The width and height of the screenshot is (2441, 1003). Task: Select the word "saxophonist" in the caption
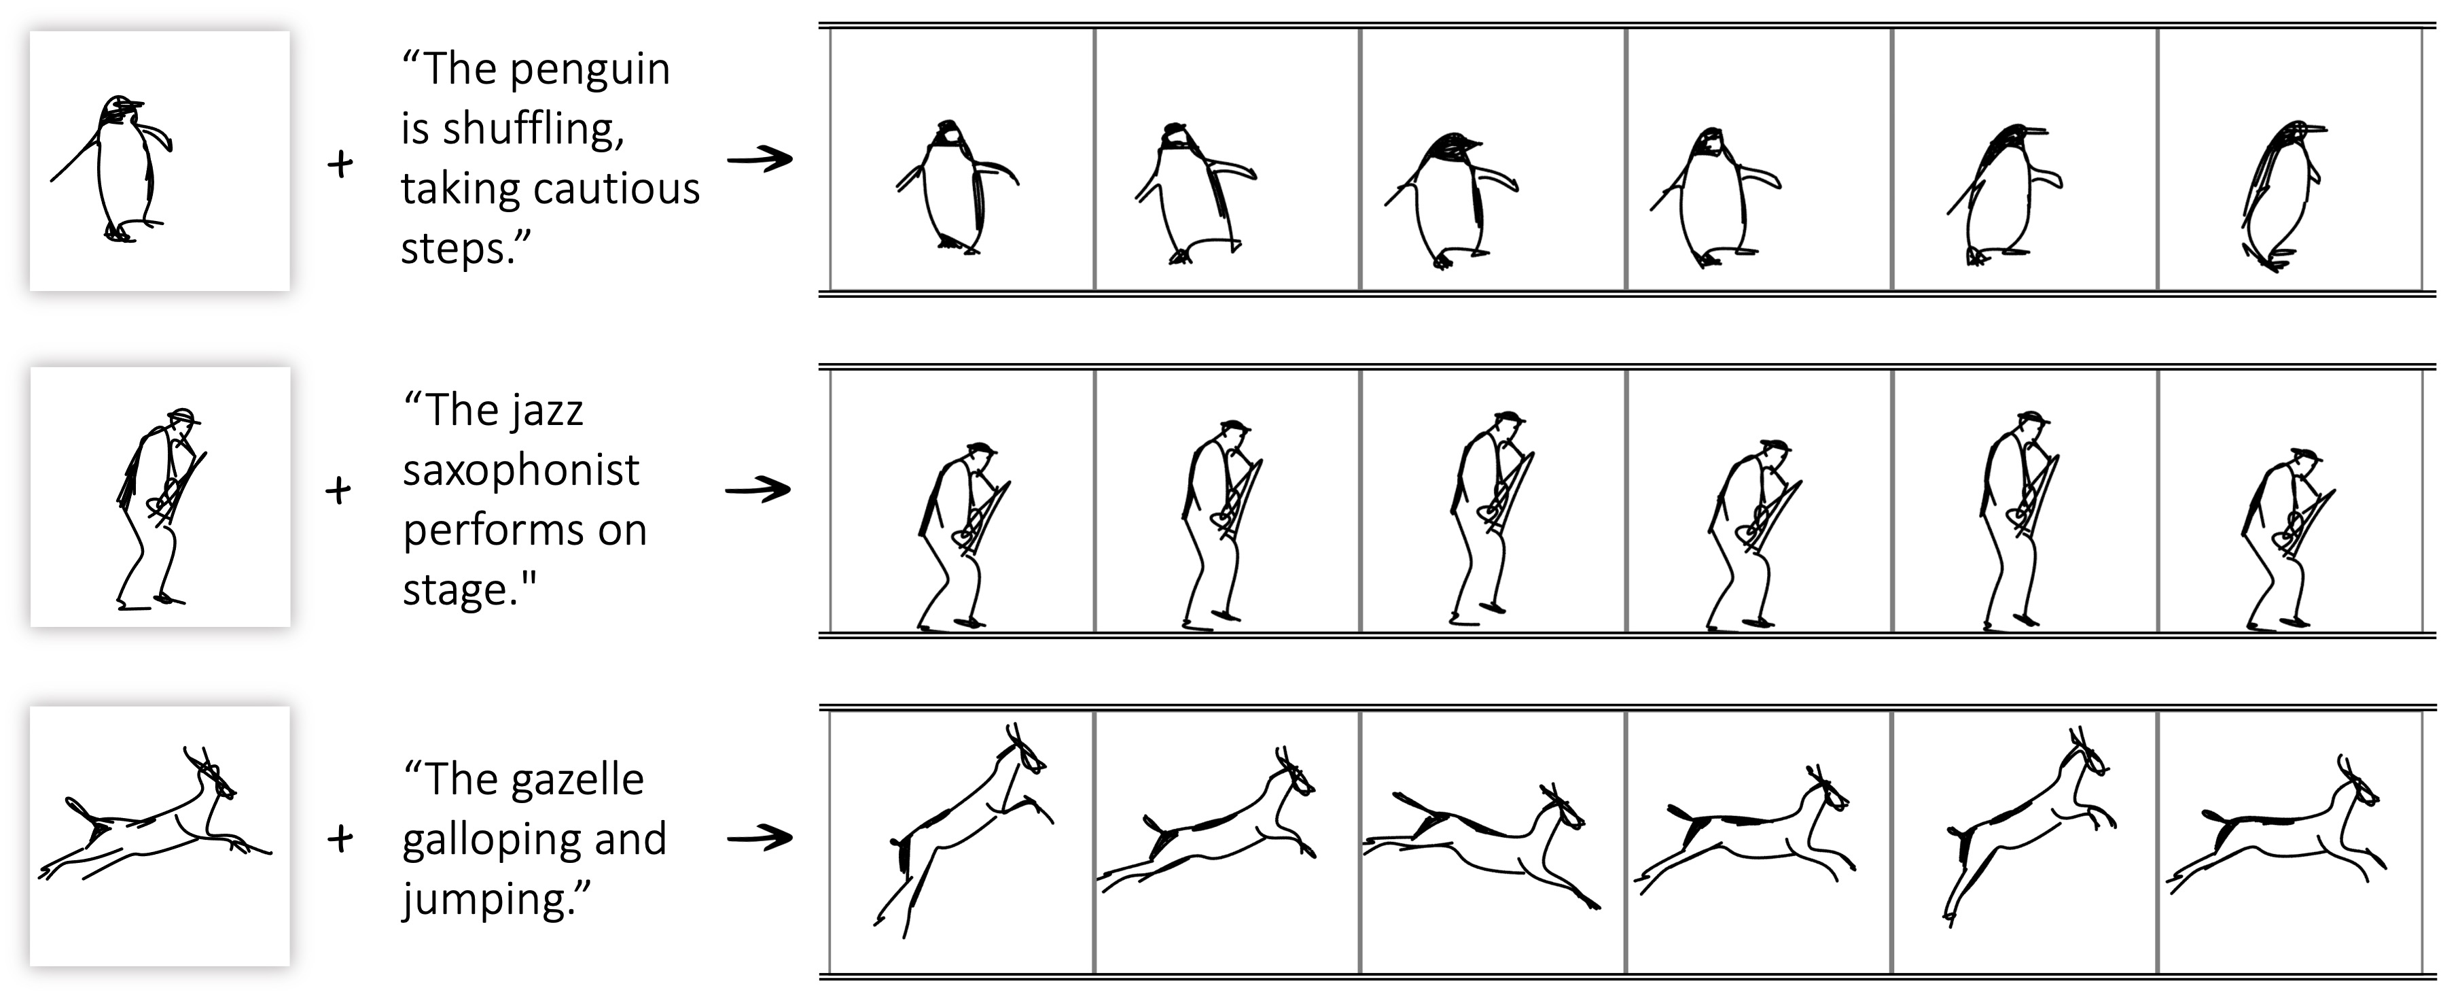[x=521, y=469]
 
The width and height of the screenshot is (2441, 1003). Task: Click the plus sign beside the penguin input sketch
[x=340, y=164]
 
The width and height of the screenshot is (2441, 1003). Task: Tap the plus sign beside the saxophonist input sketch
[x=338, y=490]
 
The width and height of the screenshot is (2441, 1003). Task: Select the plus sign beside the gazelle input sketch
[x=340, y=838]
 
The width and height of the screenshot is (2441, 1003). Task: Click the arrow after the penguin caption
[x=760, y=159]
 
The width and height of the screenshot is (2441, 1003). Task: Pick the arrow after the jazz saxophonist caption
[x=758, y=490]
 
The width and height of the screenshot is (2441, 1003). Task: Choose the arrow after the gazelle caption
[x=760, y=838]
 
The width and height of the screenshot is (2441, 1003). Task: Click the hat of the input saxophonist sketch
[x=184, y=415]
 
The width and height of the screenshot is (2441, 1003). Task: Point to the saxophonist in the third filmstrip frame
[x=1490, y=520]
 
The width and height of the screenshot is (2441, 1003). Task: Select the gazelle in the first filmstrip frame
[x=962, y=830]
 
